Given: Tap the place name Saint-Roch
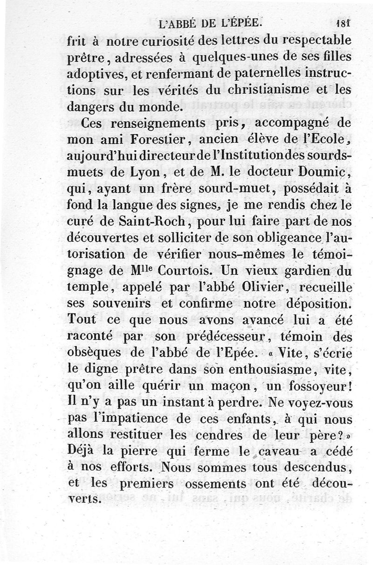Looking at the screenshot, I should [148, 221].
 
